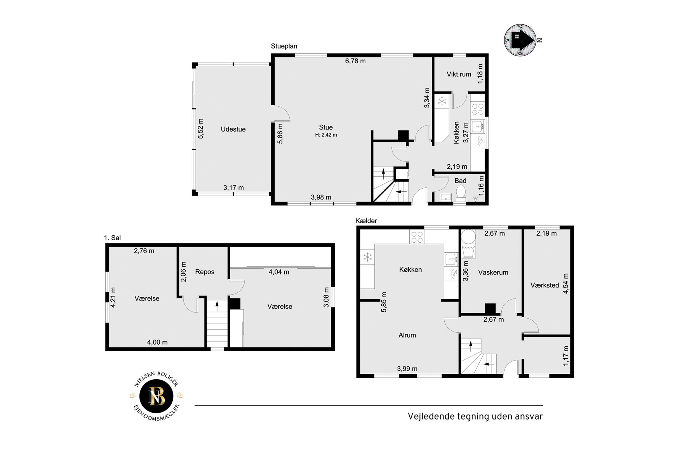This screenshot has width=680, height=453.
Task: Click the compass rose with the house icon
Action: [x=520, y=40]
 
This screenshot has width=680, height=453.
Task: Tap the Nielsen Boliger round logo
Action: [x=157, y=396]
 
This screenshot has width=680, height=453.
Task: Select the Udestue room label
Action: [x=233, y=129]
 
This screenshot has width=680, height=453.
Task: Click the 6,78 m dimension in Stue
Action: [x=355, y=61]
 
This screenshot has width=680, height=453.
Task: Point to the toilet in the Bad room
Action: [x=461, y=193]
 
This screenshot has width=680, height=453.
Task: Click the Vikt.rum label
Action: [x=459, y=74]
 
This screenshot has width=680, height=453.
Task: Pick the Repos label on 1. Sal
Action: [x=205, y=272]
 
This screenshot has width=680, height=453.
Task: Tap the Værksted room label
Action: [x=544, y=285]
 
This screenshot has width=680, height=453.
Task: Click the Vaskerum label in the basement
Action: [x=493, y=272]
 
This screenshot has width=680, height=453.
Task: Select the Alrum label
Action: [x=407, y=335]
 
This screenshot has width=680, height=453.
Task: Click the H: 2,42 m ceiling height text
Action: [x=326, y=135]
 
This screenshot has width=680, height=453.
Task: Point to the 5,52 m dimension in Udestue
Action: [x=201, y=128]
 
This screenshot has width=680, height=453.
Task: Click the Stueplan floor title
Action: [x=284, y=46]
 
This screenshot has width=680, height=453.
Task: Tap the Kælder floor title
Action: [x=366, y=221]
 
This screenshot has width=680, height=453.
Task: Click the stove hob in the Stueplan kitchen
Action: [x=478, y=109]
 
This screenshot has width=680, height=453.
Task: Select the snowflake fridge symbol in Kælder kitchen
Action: [x=367, y=257]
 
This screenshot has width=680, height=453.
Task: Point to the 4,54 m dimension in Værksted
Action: [x=565, y=284]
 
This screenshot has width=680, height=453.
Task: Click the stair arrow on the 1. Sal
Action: [x=217, y=304]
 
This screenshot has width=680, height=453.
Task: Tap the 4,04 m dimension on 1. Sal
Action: [x=279, y=272]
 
